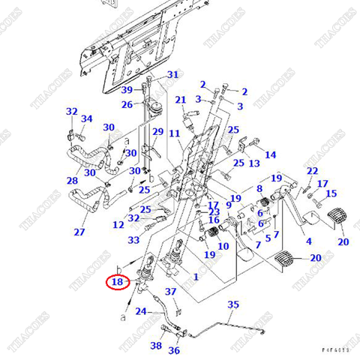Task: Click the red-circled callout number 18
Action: [116, 283]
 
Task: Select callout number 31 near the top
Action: [173, 74]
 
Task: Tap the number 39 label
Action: [127, 90]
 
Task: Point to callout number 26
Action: [127, 104]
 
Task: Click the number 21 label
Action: [181, 100]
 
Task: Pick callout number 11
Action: [174, 133]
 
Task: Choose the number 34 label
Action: [87, 118]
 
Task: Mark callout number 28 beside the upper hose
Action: [72, 181]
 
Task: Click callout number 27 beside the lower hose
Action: [79, 232]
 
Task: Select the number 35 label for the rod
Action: [233, 304]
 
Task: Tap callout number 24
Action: [140, 310]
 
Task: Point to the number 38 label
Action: [155, 346]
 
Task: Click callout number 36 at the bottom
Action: [174, 350]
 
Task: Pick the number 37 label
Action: [170, 291]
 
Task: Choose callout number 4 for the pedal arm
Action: [308, 241]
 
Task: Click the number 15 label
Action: [331, 193]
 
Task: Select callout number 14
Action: [271, 154]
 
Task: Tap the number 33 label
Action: [133, 240]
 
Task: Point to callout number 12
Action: [118, 224]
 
